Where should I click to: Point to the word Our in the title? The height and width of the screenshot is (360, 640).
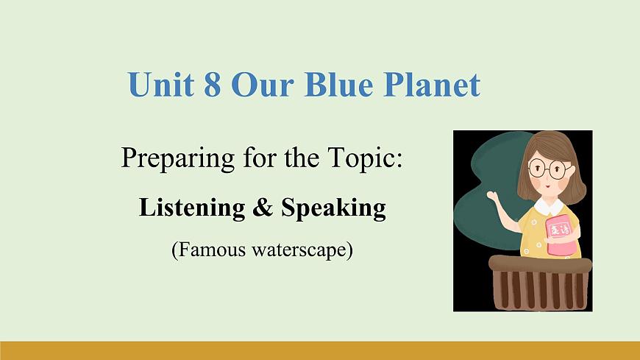[x=258, y=85]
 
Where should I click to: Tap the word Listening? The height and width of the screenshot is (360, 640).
[x=191, y=208]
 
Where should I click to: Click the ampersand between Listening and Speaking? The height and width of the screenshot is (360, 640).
[x=263, y=208]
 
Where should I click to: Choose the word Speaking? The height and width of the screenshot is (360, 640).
[x=333, y=209]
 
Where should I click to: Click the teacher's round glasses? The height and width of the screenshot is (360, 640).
[x=548, y=169]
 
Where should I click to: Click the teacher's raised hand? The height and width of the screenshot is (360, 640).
[x=491, y=196]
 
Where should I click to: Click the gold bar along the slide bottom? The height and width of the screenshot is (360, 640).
[x=320, y=350]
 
